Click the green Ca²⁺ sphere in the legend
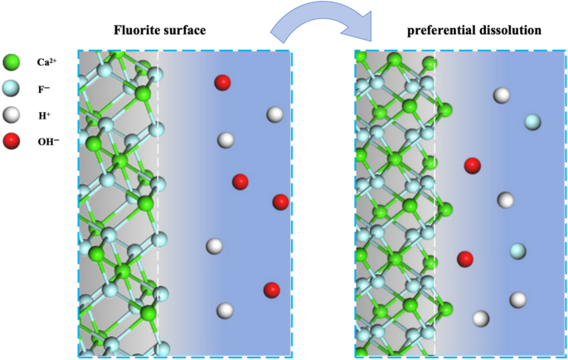tap(12, 61)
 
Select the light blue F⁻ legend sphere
tap(12, 87)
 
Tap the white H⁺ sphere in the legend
tap(12, 114)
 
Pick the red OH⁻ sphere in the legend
tap(12, 140)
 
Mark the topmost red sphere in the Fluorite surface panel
tap(222, 82)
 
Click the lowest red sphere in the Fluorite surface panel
tap(271, 289)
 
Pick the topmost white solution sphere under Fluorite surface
tap(274, 114)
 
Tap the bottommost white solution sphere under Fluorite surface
tap(224, 311)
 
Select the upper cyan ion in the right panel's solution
tap(532, 123)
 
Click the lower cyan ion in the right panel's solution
tap(518, 251)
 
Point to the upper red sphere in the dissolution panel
tap(472, 165)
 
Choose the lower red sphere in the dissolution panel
tap(465, 259)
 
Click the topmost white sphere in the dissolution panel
tap(501, 95)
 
